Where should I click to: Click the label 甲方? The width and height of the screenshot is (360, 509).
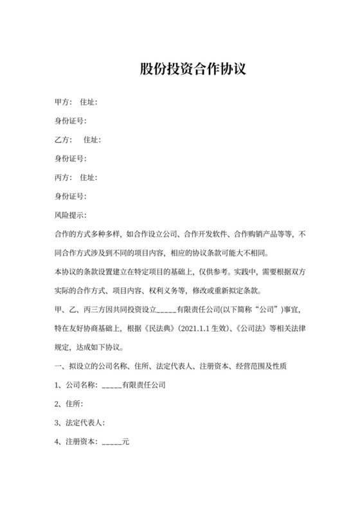62,102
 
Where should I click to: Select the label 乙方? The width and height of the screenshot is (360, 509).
62,139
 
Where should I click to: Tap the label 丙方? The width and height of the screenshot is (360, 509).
62,177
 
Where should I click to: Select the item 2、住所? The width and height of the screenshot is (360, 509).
69,404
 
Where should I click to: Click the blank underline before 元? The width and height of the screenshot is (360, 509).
111,442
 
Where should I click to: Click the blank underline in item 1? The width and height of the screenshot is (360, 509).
111,386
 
